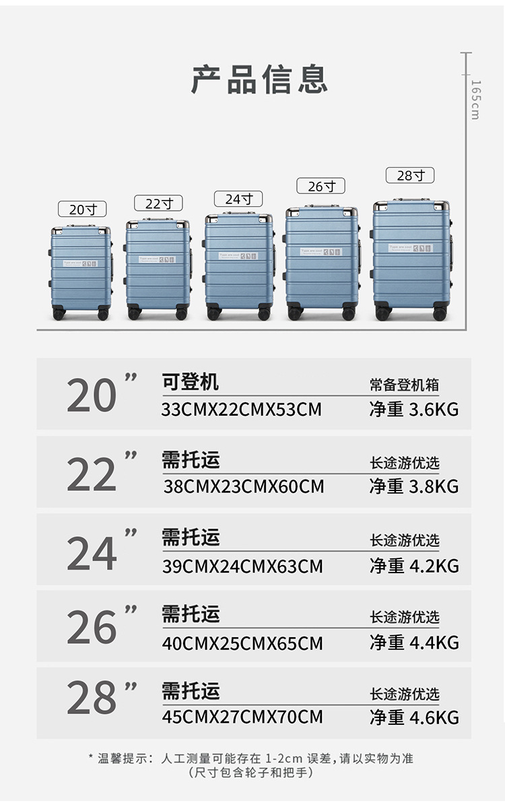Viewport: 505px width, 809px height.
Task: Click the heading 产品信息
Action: pos(259,79)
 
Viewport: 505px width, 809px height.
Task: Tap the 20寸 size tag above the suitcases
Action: pos(82,209)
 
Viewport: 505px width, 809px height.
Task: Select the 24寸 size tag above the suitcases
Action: pos(238,199)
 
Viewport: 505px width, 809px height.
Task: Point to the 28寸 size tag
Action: pos(410,176)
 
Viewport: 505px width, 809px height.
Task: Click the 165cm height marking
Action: pos(475,99)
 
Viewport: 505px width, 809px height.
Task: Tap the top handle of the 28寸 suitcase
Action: pos(411,200)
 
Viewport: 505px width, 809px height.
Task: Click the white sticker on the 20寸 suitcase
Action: pos(80,263)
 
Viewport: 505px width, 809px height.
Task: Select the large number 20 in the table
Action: pos(92,395)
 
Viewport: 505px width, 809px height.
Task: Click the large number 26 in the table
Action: pos(92,628)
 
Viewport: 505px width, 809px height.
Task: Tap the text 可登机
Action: pos(191,382)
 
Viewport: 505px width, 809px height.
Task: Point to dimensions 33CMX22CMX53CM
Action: pos(242,410)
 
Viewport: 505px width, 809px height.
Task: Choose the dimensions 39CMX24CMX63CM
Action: pos(242,567)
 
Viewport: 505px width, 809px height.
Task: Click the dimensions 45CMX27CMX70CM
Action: pos(242,716)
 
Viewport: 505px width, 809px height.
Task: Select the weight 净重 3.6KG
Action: pos(413,410)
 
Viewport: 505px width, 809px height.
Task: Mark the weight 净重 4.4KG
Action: pos(413,643)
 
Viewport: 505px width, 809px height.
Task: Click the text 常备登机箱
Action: pos(404,385)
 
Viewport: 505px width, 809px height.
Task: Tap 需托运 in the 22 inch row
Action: pos(191,460)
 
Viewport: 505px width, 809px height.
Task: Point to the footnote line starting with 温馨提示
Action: pos(251,758)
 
